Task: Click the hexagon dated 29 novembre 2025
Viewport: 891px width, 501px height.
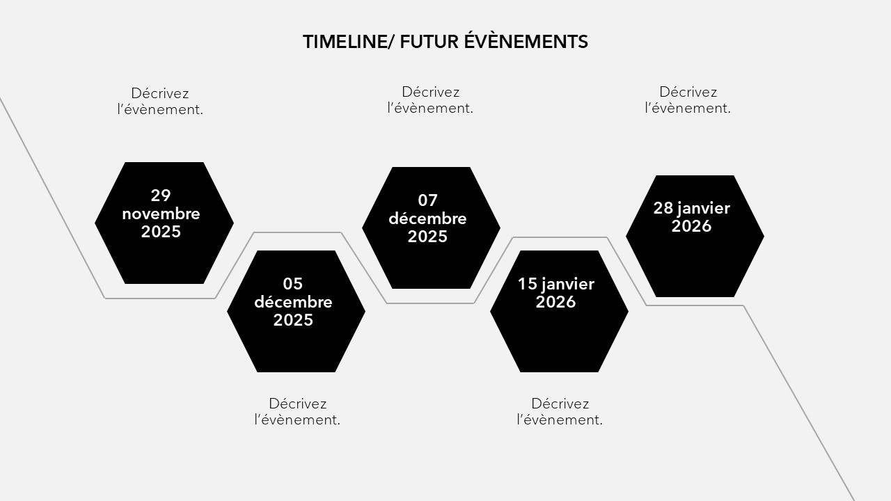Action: (164, 223)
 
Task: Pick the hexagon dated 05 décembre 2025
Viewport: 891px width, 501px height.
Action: (297, 311)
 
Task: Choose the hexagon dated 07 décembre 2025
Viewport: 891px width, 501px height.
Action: (431, 228)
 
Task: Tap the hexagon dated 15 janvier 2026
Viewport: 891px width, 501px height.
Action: (559, 311)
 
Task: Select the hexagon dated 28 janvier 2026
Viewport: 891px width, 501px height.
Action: (695, 236)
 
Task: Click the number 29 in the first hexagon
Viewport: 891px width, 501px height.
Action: (161, 196)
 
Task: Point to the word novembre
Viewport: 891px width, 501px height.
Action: (161, 214)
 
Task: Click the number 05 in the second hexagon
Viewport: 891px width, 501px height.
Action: (293, 284)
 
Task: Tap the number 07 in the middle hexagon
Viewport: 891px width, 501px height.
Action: (427, 200)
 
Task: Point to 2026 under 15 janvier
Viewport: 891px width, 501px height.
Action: (555, 302)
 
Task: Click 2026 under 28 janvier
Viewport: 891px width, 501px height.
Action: (691, 226)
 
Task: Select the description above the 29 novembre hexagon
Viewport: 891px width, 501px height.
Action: (160, 102)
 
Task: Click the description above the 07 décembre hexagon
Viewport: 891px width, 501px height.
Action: (430, 100)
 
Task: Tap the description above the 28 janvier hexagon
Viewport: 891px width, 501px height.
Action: (688, 100)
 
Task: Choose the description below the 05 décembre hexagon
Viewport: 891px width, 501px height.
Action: (297, 411)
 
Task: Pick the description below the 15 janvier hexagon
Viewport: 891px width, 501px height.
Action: (560, 411)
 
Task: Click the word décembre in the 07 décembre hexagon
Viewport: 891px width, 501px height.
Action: (427, 218)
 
